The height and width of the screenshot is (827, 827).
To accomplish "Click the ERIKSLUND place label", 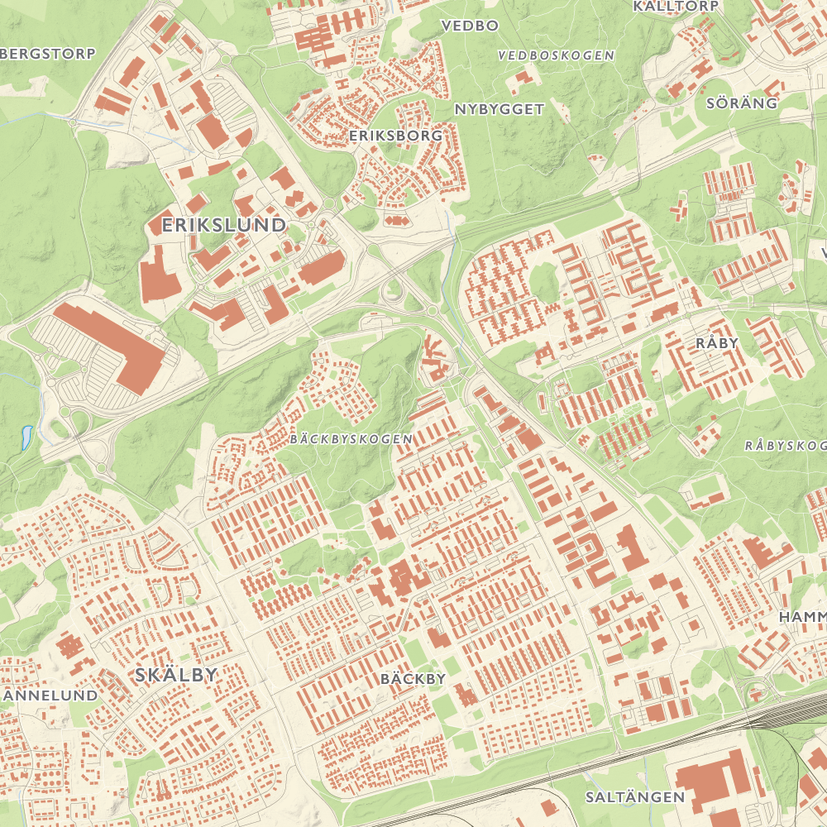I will point(224,224).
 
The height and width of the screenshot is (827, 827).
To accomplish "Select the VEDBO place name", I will point(470,26).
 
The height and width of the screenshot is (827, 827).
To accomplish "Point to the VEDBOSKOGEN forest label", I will point(557,55).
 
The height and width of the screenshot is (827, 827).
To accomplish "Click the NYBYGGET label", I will point(500,108).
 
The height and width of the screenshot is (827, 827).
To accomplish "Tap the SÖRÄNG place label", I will point(742,103).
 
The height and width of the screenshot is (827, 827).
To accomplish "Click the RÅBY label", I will point(716,342).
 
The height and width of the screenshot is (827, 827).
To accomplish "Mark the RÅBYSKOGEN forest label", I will point(785,445).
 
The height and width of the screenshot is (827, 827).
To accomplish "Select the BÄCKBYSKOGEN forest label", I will point(351,439).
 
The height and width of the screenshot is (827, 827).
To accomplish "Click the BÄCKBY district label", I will point(413,679).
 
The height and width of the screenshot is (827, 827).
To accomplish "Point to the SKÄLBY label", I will point(175,675).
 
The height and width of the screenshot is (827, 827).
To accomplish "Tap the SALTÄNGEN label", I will point(634,797).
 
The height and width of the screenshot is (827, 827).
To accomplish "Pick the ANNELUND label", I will point(51,696).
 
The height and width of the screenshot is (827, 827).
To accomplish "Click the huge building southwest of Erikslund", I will point(112,344).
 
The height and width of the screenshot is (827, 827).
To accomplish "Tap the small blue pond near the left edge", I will point(27,436).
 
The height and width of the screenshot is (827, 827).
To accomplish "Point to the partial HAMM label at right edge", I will point(802,617).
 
